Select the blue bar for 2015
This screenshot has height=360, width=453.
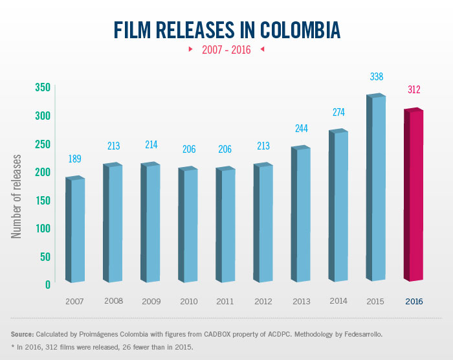tap(376, 188)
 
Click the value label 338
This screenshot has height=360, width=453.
tap(377, 76)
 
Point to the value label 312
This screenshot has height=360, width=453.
tap(414, 89)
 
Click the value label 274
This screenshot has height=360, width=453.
tap(338, 112)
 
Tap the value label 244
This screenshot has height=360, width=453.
tap(301, 128)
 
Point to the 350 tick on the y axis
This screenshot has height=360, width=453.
tap(41, 87)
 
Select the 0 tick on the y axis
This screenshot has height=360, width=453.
tap(47, 284)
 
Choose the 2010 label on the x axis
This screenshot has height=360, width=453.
tap(188, 301)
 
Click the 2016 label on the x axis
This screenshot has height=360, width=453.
tap(414, 301)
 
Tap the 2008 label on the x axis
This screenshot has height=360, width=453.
tap(113, 301)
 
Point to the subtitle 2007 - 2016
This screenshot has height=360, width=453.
tap(226, 49)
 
